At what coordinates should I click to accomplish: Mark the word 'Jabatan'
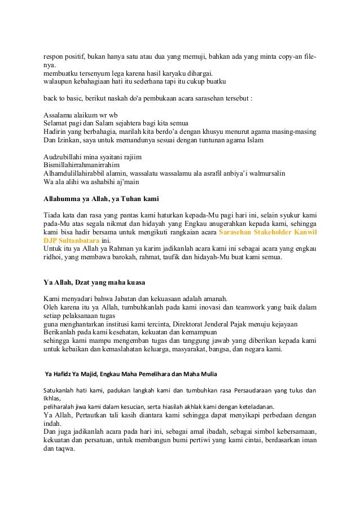(144, 299)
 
